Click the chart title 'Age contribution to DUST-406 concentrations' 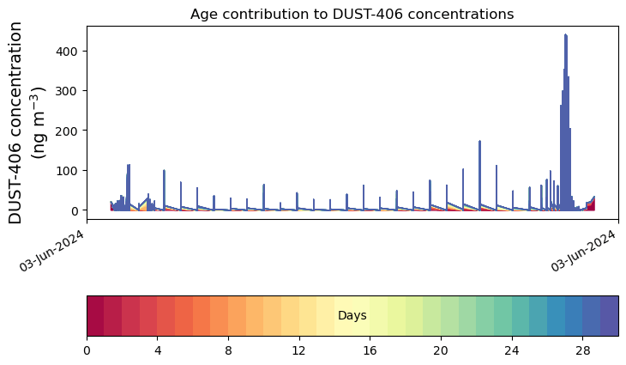pyautogui.click(x=352, y=14)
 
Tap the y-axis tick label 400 pyautogui.click(x=66, y=52)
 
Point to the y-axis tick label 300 pyautogui.click(x=66, y=91)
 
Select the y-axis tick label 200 pyautogui.click(x=66, y=131)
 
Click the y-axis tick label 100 pyautogui.click(x=66, y=170)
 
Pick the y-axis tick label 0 pyautogui.click(x=74, y=210)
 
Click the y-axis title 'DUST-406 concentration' pyautogui.click(x=15, y=123)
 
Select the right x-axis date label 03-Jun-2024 pyautogui.click(x=583, y=251)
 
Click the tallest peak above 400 pyautogui.click(x=565, y=35)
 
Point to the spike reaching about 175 pyautogui.click(x=479, y=141)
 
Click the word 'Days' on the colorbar pyautogui.click(x=352, y=315)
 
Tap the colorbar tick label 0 pyautogui.click(x=87, y=350)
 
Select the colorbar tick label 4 pyautogui.click(x=158, y=350)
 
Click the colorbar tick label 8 pyautogui.click(x=228, y=350)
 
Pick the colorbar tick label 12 pyautogui.click(x=299, y=350)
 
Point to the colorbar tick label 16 pyautogui.click(x=370, y=350)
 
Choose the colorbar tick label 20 pyautogui.click(x=441, y=350)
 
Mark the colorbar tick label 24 pyautogui.click(x=512, y=350)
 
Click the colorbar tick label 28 pyautogui.click(x=583, y=350)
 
